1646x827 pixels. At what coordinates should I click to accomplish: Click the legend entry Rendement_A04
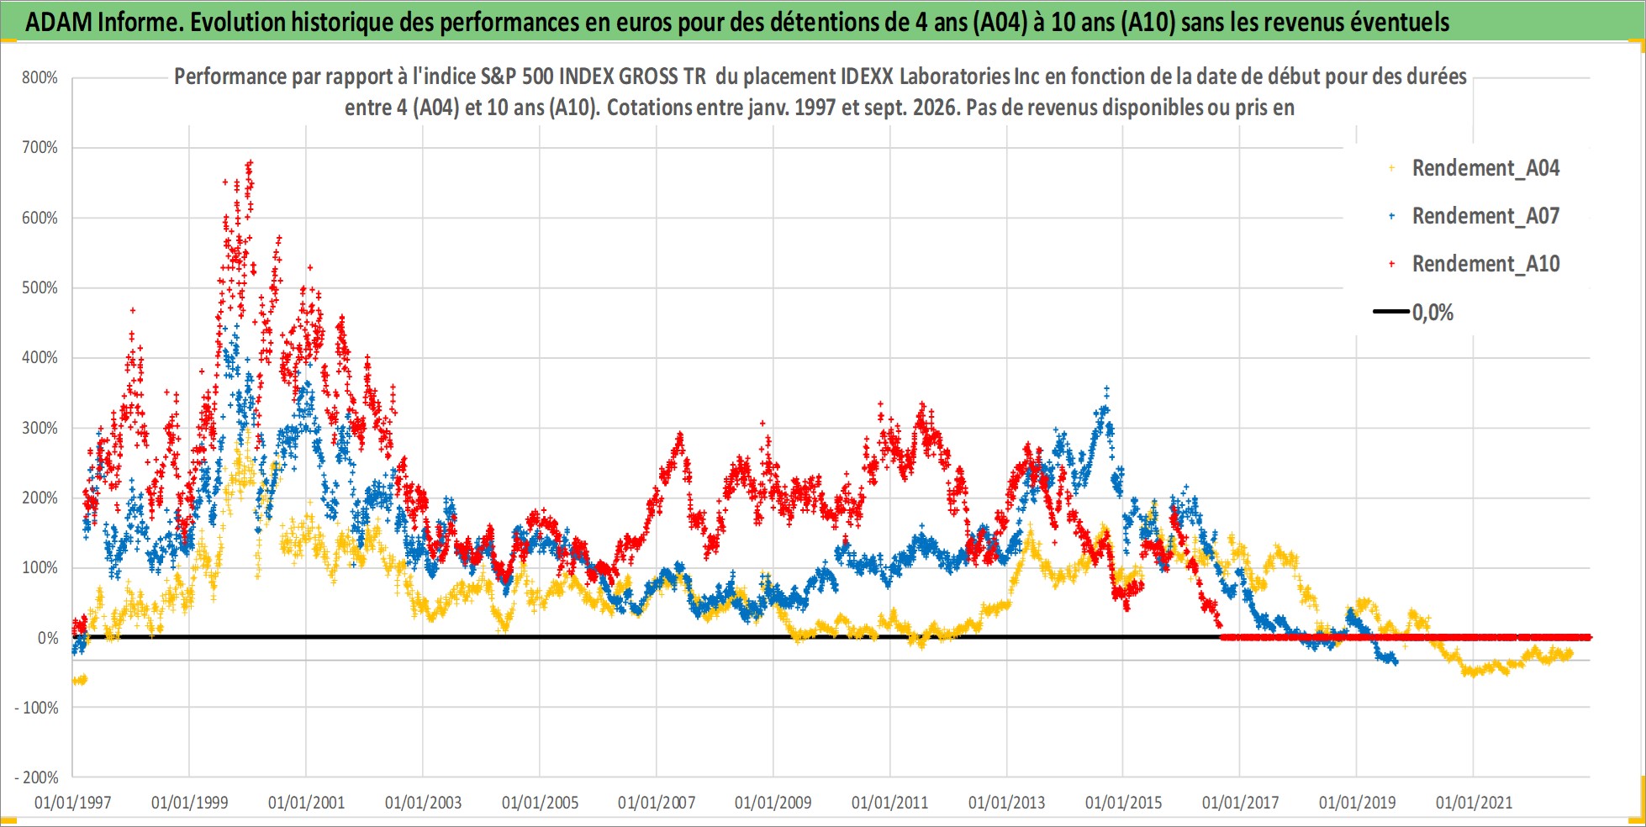[x=1474, y=168]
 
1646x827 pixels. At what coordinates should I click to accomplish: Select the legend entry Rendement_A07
[x=1474, y=216]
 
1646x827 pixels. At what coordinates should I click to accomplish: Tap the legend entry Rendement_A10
[x=1474, y=264]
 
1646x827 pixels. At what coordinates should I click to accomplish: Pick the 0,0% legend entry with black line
[x=1413, y=313]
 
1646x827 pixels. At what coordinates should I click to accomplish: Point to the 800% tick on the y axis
[x=40, y=78]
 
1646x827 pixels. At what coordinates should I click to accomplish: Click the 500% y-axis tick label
[x=40, y=287]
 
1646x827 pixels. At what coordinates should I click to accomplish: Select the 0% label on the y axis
[x=48, y=638]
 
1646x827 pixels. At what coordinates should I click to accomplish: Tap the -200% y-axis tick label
[x=37, y=777]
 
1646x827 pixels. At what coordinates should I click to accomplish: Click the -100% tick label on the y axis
[x=37, y=708]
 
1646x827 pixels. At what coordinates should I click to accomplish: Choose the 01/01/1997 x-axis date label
[x=73, y=803]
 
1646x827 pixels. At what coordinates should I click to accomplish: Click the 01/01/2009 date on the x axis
[x=773, y=803]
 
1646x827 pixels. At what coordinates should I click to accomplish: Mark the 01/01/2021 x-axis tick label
[x=1474, y=803]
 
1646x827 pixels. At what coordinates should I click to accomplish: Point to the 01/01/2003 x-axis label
[x=423, y=803]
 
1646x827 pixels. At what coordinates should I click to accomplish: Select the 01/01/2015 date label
[x=1123, y=803]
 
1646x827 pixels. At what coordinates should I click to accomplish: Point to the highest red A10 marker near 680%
[x=250, y=161]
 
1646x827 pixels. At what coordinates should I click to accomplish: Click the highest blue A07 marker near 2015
[x=1106, y=389]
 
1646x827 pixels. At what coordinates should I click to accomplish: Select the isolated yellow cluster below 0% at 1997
[x=79, y=680]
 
